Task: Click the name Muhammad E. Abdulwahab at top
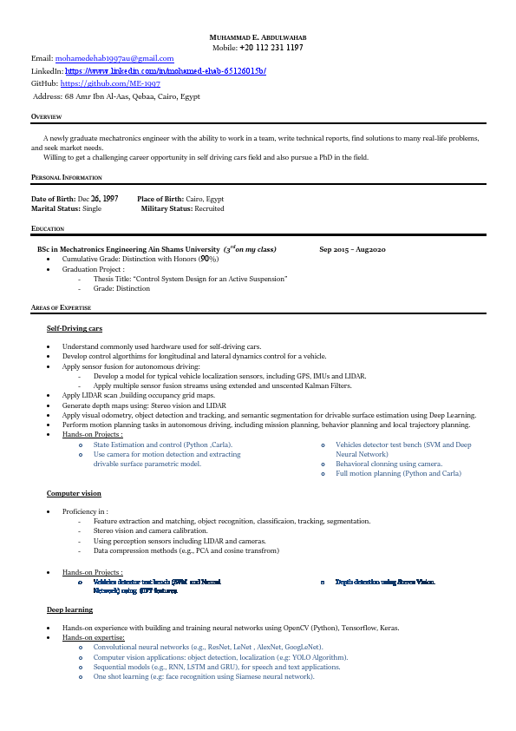[x=258, y=38]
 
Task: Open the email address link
[x=115, y=58]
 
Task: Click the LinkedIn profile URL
[x=165, y=70]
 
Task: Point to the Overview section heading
[x=46, y=115]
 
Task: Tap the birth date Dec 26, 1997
[x=98, y=199]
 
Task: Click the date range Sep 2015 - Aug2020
[x=352, y=249]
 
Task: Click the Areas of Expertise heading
[x=60, y=308]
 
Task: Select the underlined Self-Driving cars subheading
[x=75, y=329]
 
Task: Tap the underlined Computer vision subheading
[x=74, y=493]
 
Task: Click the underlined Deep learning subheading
[x=69, y=609]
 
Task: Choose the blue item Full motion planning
[x=398, y=473]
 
